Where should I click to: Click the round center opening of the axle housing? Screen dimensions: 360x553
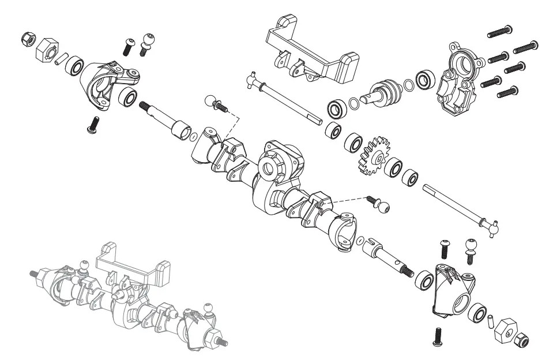tap(270, 167)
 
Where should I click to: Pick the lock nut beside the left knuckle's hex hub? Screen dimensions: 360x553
tap(26, 39)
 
